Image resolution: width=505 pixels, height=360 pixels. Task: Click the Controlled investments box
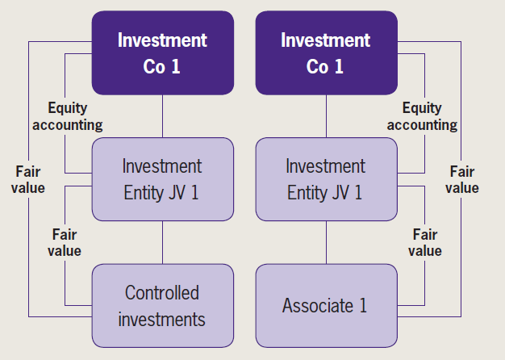(162, 305)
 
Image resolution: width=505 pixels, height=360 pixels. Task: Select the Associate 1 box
(326, 305)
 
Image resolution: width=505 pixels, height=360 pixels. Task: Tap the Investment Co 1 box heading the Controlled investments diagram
(162, 52)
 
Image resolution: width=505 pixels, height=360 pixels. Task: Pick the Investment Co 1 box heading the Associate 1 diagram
(326, 52)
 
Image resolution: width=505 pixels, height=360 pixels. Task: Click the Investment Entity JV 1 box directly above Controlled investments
(162, 178)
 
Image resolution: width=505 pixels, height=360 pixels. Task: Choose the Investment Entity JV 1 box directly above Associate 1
(326, 178)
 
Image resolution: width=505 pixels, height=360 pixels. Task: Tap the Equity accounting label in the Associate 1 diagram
(421, 116)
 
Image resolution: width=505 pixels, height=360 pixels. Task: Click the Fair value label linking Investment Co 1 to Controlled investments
(30, 179)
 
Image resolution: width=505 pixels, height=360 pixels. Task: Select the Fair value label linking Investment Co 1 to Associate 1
(462, 179)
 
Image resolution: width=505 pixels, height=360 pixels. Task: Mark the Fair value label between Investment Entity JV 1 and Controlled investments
(65, 242)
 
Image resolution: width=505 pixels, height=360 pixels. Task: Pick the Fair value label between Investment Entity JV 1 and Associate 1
(424, 242)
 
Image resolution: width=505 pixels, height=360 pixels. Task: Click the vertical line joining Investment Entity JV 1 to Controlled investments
(162, 242)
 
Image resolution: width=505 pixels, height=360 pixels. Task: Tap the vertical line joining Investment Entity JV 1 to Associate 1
(326, 242)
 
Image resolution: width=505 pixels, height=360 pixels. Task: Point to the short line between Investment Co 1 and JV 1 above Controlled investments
(162, 115)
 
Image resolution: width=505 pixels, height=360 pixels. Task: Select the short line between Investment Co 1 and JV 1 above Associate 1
(326, 115)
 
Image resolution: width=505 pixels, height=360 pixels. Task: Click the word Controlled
(162, 292)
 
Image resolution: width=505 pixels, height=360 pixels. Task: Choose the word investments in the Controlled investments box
(162, 319)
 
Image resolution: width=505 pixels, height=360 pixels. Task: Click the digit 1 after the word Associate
(364, 306)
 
